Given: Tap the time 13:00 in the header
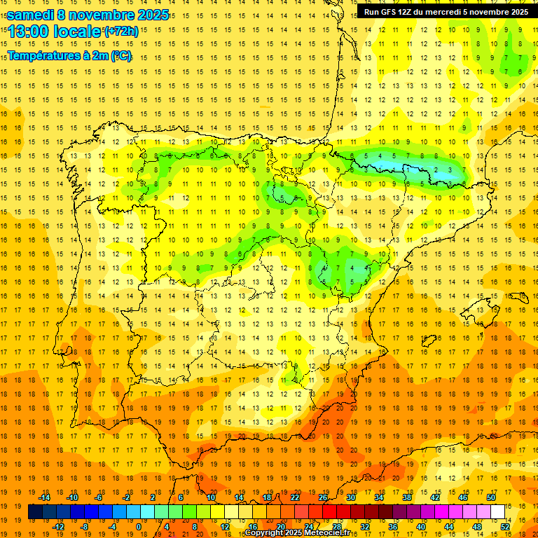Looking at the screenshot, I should (x=27, y=32).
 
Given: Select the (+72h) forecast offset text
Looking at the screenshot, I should (x=121, y=32).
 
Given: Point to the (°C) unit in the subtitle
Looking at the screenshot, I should (x=120, y=55).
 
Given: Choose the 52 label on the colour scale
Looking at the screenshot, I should (x=506, y=527).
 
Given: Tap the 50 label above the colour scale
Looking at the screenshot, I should (x=491, y=497).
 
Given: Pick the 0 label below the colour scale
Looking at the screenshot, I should (x=139, y=527).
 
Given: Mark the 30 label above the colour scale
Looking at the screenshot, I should (x=350, y=497).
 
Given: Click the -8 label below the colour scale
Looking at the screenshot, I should (x=85, y=527).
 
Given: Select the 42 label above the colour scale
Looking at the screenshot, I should (x=434, y=497).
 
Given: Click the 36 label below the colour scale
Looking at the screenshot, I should (x=393, y=527).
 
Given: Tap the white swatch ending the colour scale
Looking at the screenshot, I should (x=498, y=512).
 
